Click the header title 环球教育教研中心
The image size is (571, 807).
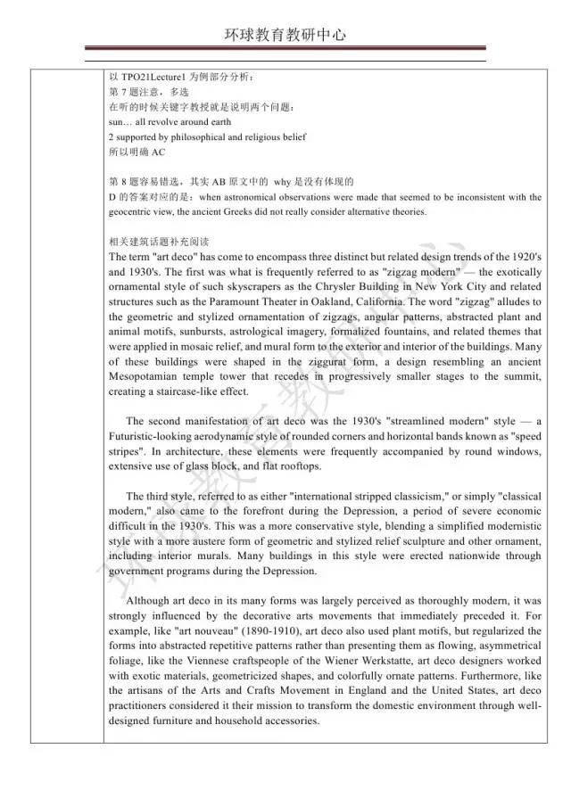tap(285, 35)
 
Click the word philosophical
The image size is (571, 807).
tap(200, 137)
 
